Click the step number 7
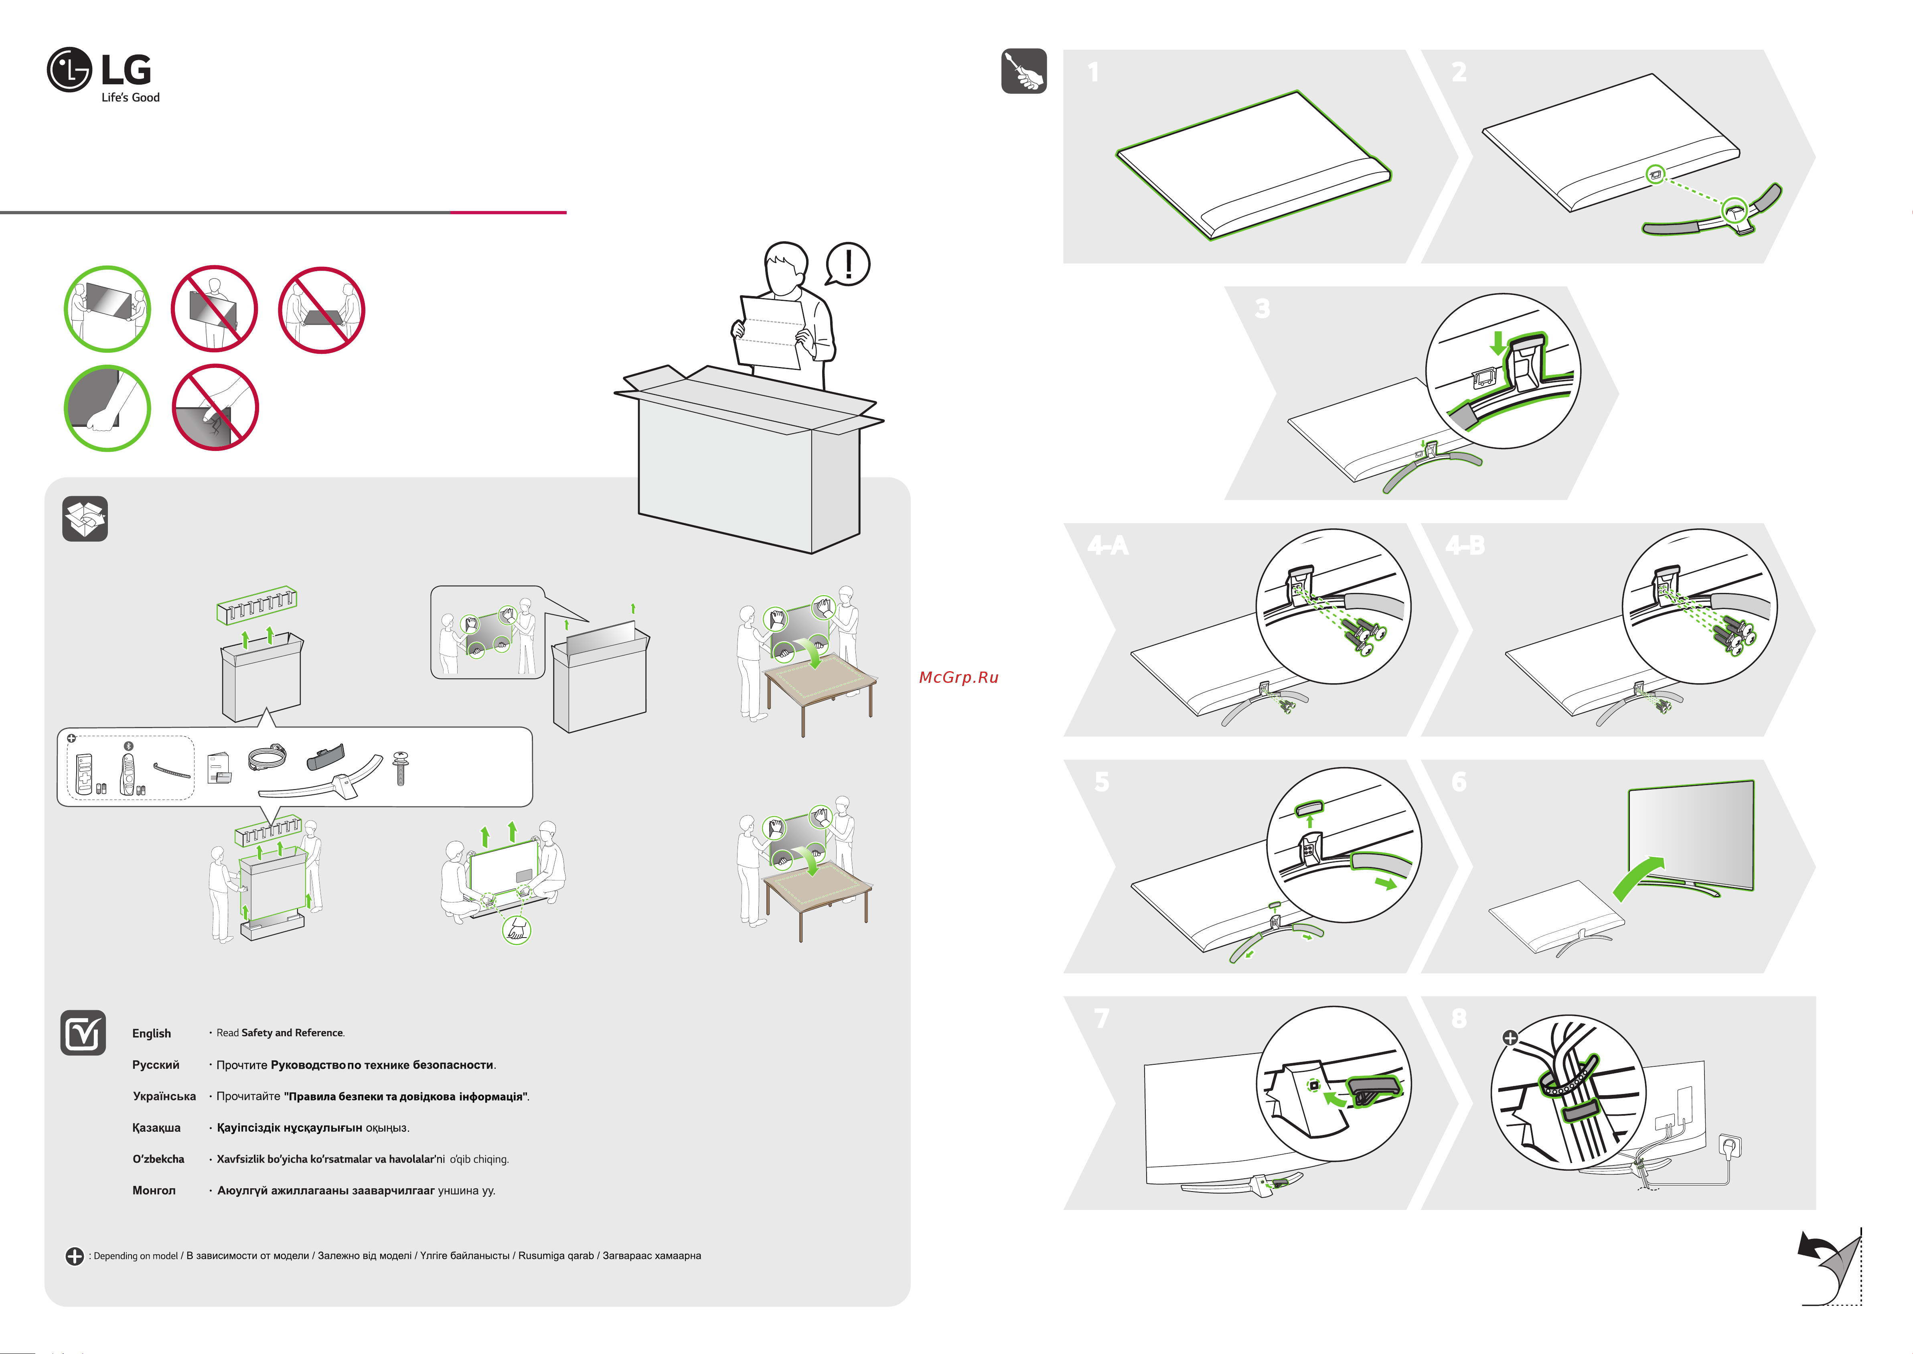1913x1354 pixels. pos(1101,1019)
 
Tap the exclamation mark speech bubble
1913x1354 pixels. pos(848,264)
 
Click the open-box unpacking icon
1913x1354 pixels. pos(85,519)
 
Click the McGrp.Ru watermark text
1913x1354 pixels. pos(959,678)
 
